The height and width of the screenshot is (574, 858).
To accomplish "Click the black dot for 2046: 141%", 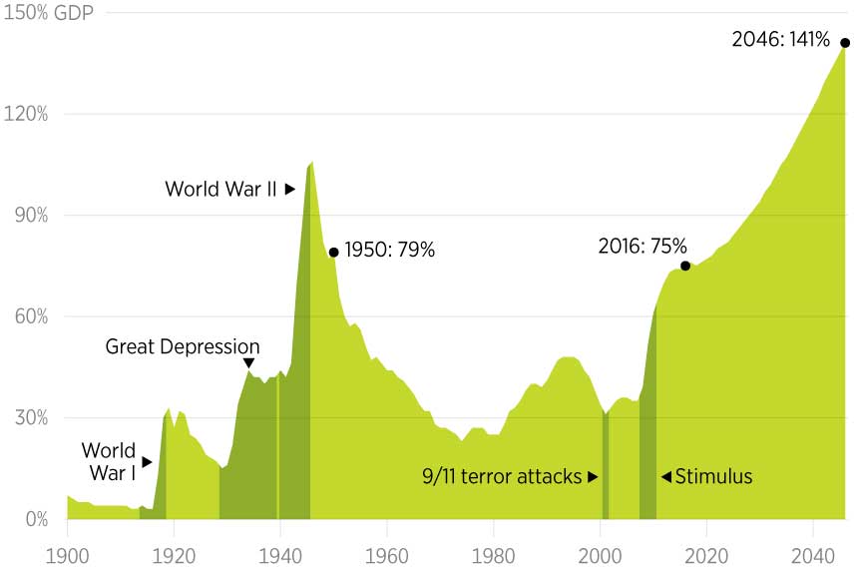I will [x=844, y=42].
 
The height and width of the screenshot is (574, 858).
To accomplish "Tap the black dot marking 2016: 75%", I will [x=685, y=266].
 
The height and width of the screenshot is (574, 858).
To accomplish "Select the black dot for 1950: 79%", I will [x=333, y=252].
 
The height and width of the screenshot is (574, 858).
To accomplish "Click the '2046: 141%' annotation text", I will [x=780, y=40].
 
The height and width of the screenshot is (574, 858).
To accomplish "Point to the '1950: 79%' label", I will [x=390, y=251].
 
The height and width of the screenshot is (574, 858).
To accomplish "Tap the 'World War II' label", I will [x=220, y=188].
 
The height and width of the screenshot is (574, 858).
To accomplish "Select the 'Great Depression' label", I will [x=183, y=346].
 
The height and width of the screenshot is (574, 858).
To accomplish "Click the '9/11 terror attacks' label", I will [x=502, y=476].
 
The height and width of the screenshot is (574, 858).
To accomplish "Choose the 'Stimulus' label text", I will [x=713, y=476].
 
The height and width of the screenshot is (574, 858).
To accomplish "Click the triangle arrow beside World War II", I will [x=290, y=188].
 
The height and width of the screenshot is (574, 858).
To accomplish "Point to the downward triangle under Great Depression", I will [x=248, y=363].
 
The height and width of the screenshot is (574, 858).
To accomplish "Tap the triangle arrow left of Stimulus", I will [x=666, y=476].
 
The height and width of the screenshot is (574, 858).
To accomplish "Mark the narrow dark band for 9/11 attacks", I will [x=605, y=469].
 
